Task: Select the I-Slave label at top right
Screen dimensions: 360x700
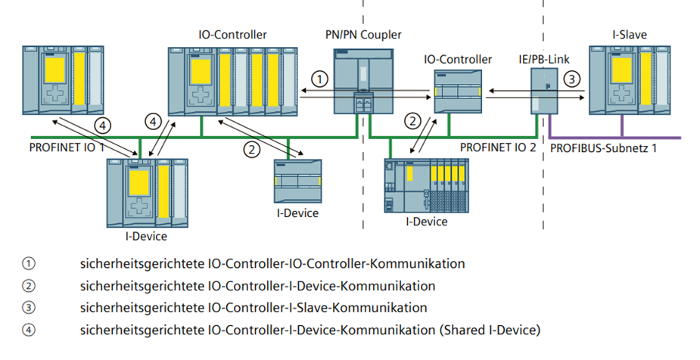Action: tap(629, 35)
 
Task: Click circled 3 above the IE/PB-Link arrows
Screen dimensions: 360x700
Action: tap(572, 78)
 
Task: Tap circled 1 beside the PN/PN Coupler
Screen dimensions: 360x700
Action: tap(321, 79)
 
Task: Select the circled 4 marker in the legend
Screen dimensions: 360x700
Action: tap(29, 330)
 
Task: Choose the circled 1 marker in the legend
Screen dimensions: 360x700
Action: tap(29, 264)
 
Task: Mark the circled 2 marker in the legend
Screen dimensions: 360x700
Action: tap(29, 286)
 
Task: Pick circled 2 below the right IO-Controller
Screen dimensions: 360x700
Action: tap(412, 119)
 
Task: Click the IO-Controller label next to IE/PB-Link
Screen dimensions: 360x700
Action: tap(459, 59)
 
